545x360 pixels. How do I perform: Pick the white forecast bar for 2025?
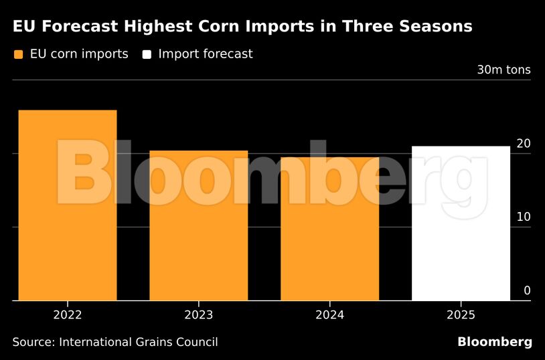click(x=461, y=223)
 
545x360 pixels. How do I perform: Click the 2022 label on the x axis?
click(x=67, y=314)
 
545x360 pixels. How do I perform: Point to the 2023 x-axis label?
click(x=198, y=314)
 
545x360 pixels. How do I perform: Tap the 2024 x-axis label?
click(x=329, y=314)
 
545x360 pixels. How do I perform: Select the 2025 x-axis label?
click(x=461, y=314)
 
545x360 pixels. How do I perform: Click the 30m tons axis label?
click(x=503, y=70)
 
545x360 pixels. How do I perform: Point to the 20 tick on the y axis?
click(x=524, y=143)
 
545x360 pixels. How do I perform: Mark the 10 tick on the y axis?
click(x=524, y=217)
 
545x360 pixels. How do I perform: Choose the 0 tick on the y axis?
click(x=527, y=290)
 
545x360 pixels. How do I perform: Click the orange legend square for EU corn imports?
click(x=18, y=54)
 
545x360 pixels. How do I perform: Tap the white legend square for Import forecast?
click(x=146, y=54)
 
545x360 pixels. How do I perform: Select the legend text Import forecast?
click(x=205, y=54)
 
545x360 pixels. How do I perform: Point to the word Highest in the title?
click(x=164, y=27)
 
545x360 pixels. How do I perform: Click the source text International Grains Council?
click(x=139, y=342)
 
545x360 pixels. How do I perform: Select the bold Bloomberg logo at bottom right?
click(x=495, y=342)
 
